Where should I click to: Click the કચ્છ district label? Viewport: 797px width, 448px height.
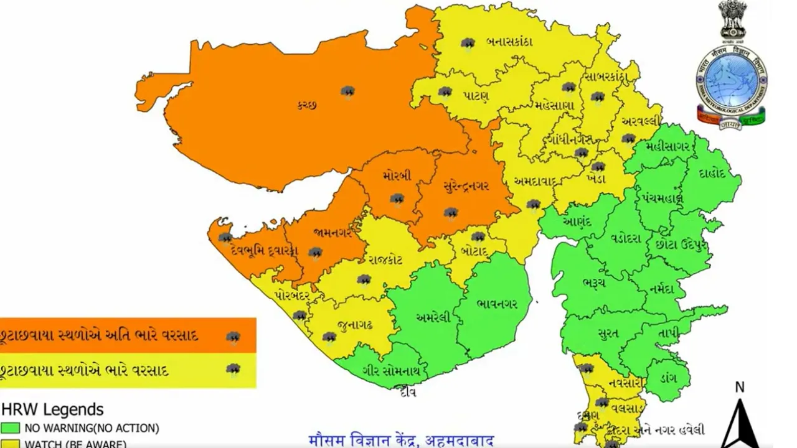pyautogui.click(x=307, y=106)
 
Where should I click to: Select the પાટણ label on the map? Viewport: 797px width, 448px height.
pyautogui.click(x=476, y=96)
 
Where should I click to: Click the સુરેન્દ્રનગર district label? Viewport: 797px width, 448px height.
pyautogui.click(x=466, y=185)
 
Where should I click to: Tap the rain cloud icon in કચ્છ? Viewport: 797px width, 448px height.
pyautogui.click(x=347, y=92)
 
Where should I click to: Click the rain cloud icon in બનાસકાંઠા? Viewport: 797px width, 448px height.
pyautogui.click(x=468, y=44)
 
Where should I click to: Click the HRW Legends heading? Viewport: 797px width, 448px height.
pyautogui.click(x=52, y=409)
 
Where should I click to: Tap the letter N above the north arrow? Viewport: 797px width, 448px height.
pyautogui.click(x=739, y=387)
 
